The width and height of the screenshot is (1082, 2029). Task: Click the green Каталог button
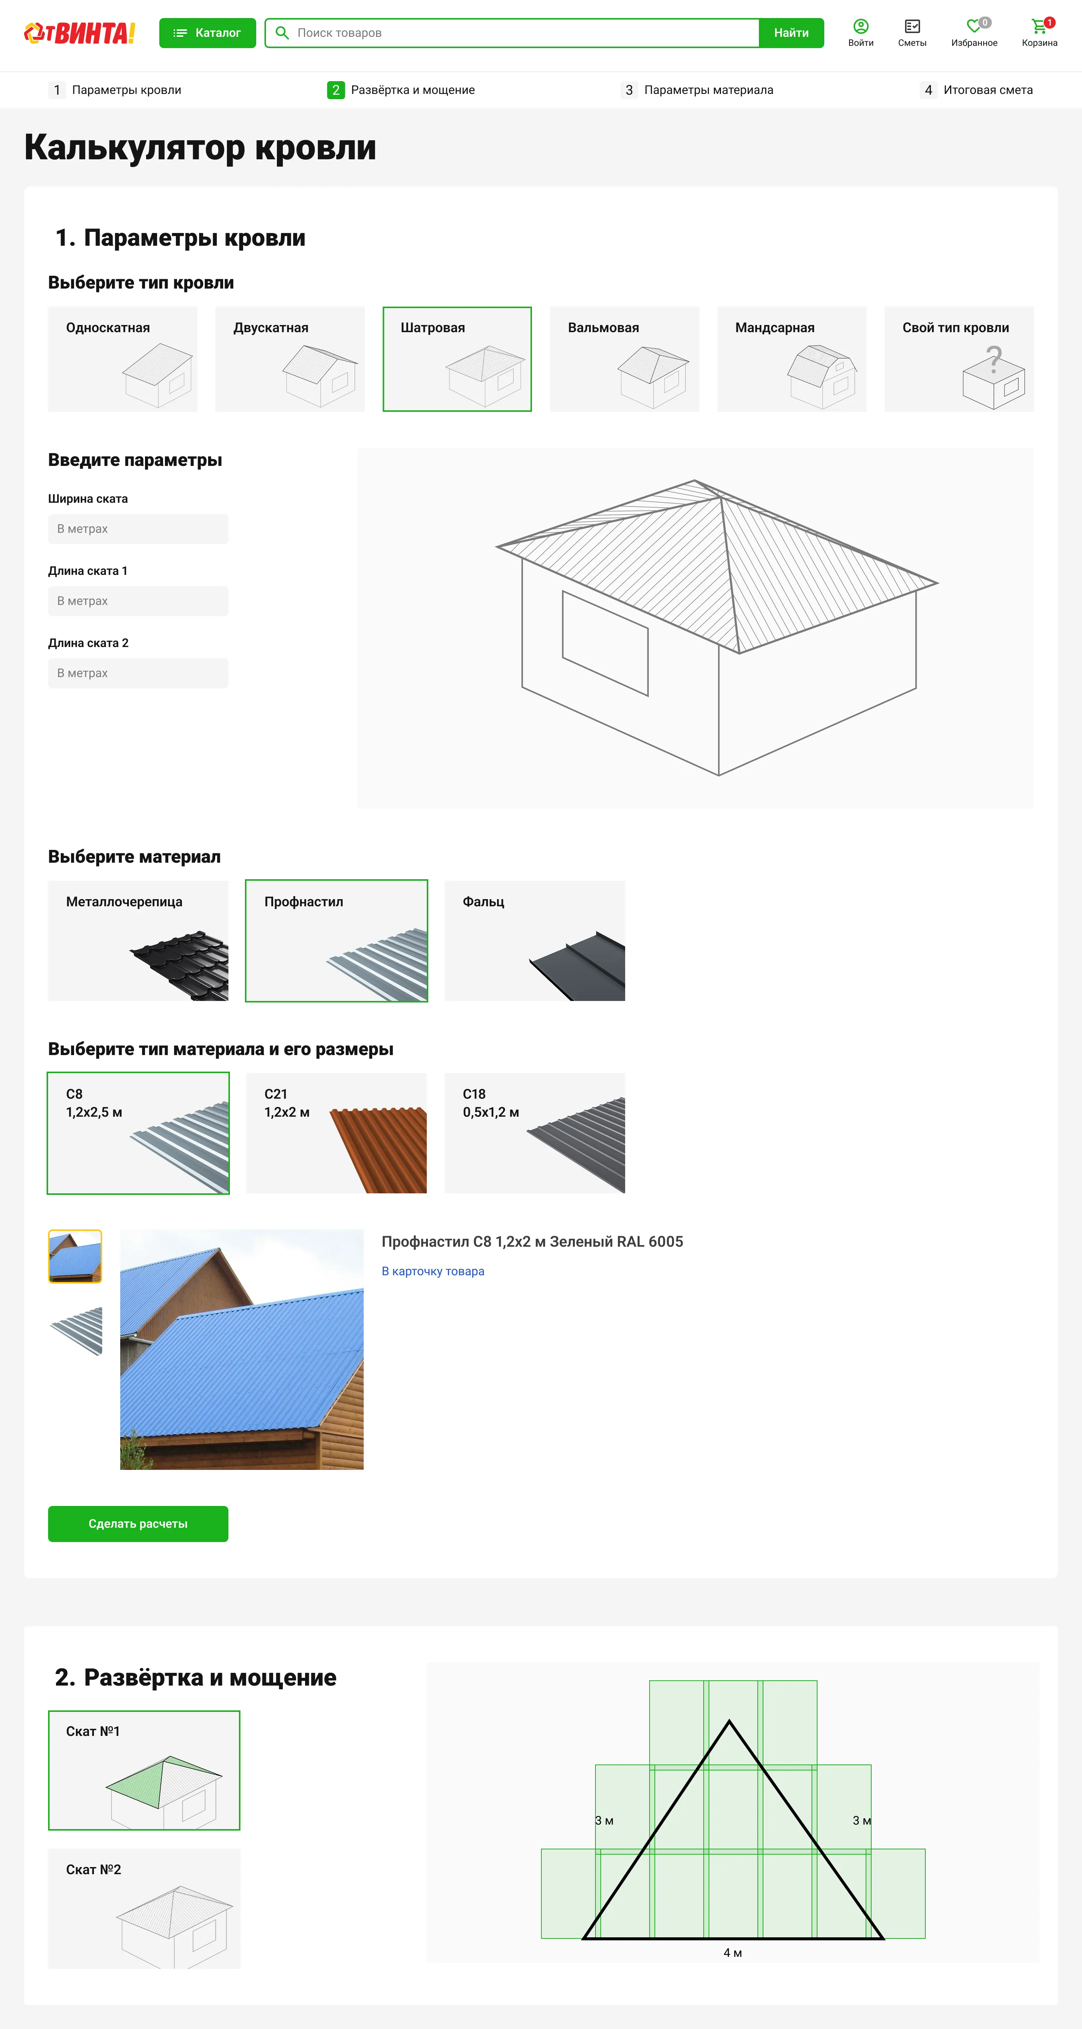(207, 33)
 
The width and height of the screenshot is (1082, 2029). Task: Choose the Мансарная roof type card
(792, 359)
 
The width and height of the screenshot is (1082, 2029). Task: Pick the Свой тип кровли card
(958, 359)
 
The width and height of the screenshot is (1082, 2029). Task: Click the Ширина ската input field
(138, 529)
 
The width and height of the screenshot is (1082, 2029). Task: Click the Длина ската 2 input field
(138, 673)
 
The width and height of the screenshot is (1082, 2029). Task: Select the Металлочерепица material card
(138, 940)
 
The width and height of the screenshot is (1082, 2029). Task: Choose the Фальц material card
(535, 940)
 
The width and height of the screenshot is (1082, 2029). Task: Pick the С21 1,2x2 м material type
(336, 1132)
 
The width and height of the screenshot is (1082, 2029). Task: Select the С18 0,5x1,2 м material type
(535, 1132)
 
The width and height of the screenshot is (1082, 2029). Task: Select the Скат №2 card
(144, 1908)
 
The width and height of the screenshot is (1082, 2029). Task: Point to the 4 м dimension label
(732, 1953)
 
